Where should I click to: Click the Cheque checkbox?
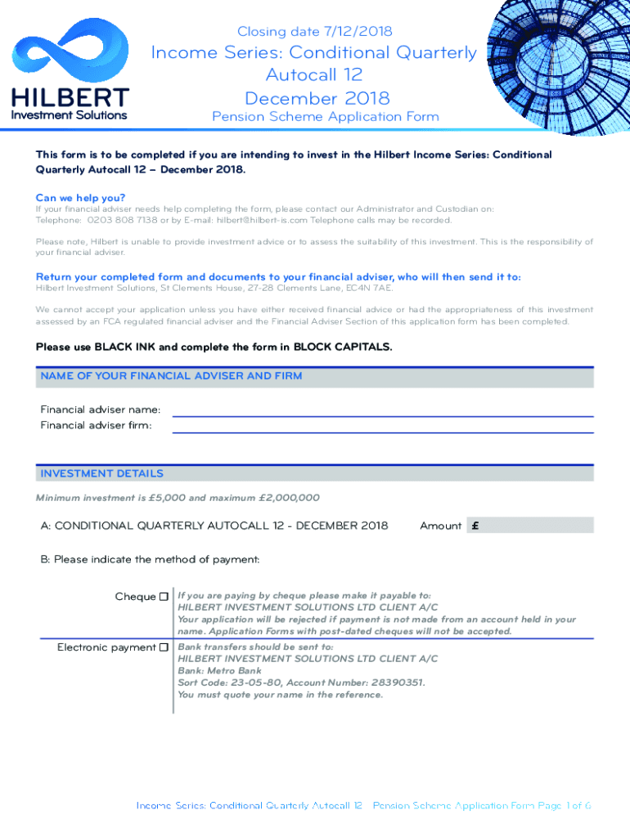[x=164, y=597]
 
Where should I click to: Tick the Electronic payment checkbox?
[x=164, y=647]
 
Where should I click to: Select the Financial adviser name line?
[x=382, y=410]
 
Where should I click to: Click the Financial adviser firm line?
[x=382, y=425]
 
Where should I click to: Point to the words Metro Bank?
[x=233, y=670]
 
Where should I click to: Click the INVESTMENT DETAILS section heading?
[x=102, y=473]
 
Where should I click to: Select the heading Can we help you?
[x=80, y=197]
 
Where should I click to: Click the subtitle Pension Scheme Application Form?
[x=325, y=116]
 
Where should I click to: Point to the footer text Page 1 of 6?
[x=564, y=805]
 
